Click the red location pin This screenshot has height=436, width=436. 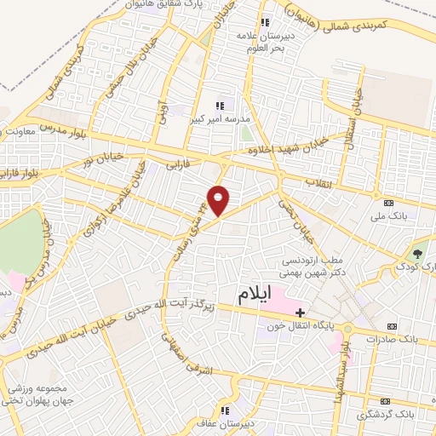pyautogui.click(x=219, y=200)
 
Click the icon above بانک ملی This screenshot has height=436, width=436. pyautogui.click(x=389, y=203)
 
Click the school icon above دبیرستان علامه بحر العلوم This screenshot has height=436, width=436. pyautogui.click(x=265, y=23)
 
